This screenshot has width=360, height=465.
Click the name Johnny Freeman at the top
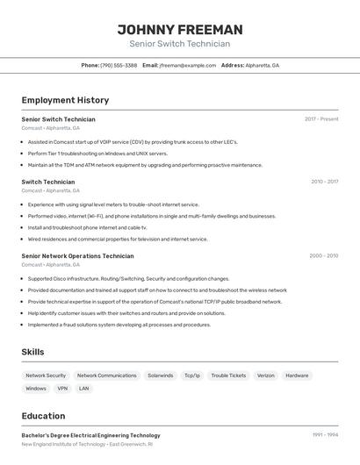point(180,30)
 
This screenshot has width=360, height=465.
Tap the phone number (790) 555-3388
point(119,65)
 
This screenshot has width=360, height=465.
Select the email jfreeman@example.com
point(187,65)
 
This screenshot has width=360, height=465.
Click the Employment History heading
point(65,100)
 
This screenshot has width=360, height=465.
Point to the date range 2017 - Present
point(321,119)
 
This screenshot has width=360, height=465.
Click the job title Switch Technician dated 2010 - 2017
point(48,182)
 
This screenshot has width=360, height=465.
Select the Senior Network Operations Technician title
point(77,256)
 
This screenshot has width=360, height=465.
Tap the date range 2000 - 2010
point(323,256)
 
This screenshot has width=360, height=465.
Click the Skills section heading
point(33,352)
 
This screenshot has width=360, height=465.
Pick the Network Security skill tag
point(46,376)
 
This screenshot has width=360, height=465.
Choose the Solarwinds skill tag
point(160,376)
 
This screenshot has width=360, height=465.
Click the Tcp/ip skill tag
point(192,376)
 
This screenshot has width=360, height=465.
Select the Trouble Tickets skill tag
point(228,376)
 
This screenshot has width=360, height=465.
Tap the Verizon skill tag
point(266,376)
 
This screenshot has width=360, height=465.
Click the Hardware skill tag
point(297,376)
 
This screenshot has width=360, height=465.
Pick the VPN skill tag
point(62,388)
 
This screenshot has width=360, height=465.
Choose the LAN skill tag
point(84,388)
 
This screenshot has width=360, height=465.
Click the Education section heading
point(43,416)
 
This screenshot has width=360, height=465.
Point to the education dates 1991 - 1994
point(324,435)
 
